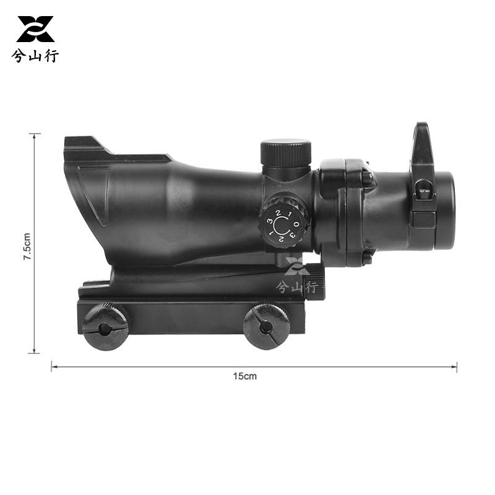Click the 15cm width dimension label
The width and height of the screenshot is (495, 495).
click(x=245, y=376)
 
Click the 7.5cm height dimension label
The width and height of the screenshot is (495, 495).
click(x=27, y=246)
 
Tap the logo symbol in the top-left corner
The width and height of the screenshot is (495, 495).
click(x=35, y=29)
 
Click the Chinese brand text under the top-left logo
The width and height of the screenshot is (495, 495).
click(x=35, y=56)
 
